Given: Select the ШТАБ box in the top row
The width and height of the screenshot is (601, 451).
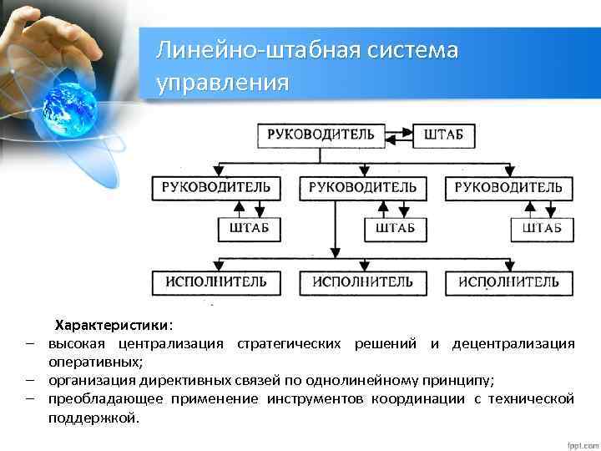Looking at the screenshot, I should click(444, 134).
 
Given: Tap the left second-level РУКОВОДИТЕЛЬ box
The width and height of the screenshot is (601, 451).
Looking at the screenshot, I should click(216, 188).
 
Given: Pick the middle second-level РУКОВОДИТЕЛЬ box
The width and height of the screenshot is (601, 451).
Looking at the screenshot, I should click(362, 188).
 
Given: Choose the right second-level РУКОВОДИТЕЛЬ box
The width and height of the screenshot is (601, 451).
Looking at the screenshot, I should click(508, 188).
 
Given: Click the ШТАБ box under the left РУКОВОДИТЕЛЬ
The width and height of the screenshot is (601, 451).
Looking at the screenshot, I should click(250, 228).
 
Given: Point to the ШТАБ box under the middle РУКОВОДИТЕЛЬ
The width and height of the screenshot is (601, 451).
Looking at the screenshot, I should click(396, 228).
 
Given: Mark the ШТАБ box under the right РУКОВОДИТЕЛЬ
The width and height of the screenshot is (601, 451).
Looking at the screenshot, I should click(542, 228).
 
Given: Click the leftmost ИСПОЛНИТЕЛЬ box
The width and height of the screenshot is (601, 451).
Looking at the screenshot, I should click(216, 282).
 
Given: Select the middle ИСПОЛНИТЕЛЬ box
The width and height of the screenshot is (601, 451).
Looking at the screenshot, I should click(362, 282).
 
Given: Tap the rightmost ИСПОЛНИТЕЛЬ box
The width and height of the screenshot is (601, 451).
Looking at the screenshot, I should click(508, 282).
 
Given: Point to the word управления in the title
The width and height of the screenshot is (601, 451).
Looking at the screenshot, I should click(223, 83).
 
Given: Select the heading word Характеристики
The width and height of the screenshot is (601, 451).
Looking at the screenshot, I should click(111, 325).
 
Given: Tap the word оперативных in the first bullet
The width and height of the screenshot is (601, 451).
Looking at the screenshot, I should click(93, 362).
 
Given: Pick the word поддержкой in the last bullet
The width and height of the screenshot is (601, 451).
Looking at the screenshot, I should click(93, 417).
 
